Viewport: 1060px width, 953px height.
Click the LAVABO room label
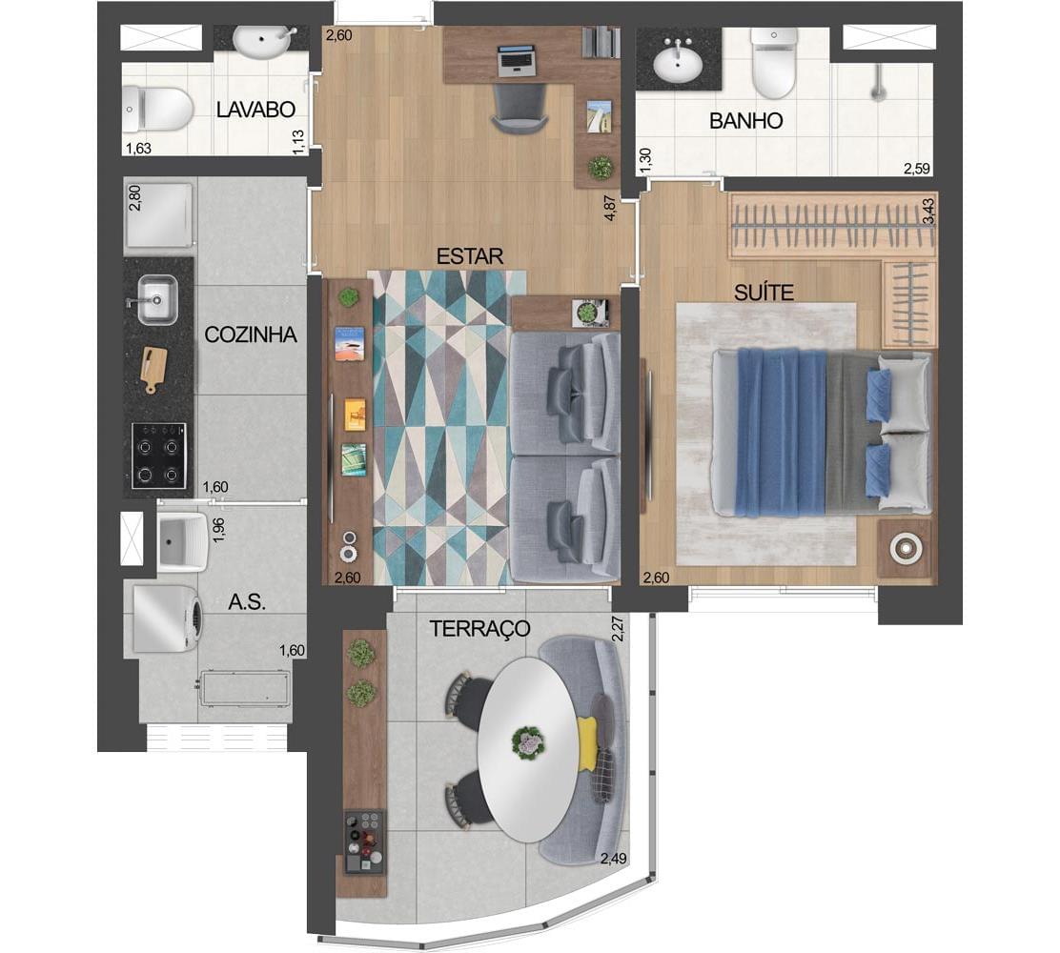(256, 110)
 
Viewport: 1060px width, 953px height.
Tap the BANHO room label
(745, 121)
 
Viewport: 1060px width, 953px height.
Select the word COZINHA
(251, 335)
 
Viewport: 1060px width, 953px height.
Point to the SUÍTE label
(764, 293)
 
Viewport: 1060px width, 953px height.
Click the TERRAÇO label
(480, 629)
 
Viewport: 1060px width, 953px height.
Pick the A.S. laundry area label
(247, 602)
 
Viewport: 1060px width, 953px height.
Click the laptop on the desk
(518, 60)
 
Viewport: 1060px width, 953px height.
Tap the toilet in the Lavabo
(157, 110)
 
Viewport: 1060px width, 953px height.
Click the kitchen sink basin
(157, 299)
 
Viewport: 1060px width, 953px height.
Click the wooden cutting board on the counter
(153, 370)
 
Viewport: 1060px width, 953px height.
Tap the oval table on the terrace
(528, 750)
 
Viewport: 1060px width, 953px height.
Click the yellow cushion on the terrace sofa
(587, 743)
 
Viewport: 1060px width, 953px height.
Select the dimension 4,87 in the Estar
(611, 208)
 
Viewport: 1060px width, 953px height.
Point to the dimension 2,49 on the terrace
(613, 859)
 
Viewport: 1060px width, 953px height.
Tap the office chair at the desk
(520, 111)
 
